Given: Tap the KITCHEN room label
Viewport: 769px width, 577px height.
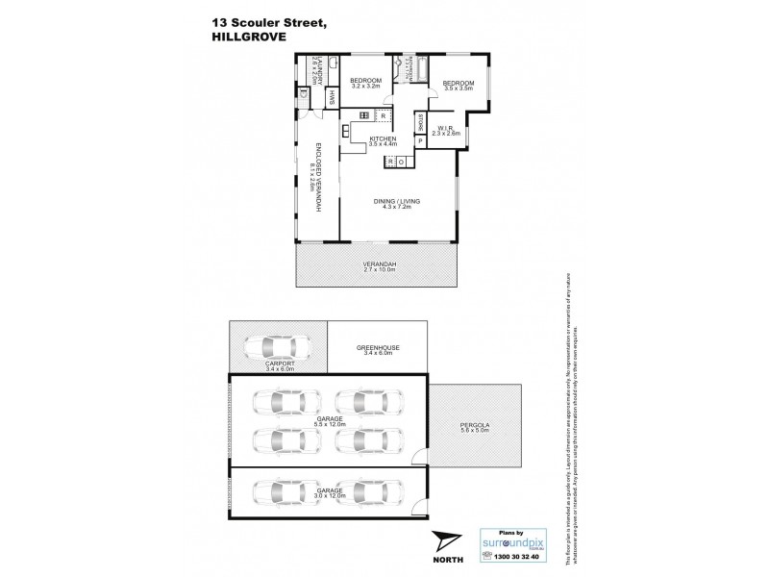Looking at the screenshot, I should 384,138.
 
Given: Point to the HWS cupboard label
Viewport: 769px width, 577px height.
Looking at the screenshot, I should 333,96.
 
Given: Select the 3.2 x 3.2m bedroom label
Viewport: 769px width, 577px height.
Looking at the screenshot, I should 365,83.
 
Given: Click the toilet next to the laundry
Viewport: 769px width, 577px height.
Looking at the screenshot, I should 305,94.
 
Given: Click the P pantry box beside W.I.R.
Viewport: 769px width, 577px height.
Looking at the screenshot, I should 420,141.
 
